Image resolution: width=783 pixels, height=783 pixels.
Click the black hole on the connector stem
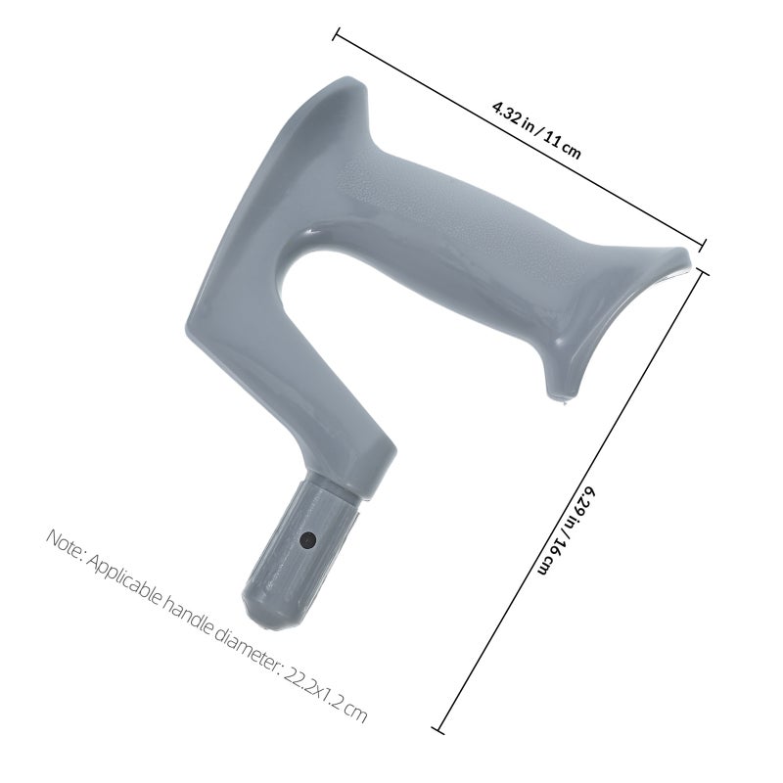[308, 540]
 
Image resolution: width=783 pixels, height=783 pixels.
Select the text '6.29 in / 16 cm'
[568, 530]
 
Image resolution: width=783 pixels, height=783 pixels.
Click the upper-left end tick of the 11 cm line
[337, 33]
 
